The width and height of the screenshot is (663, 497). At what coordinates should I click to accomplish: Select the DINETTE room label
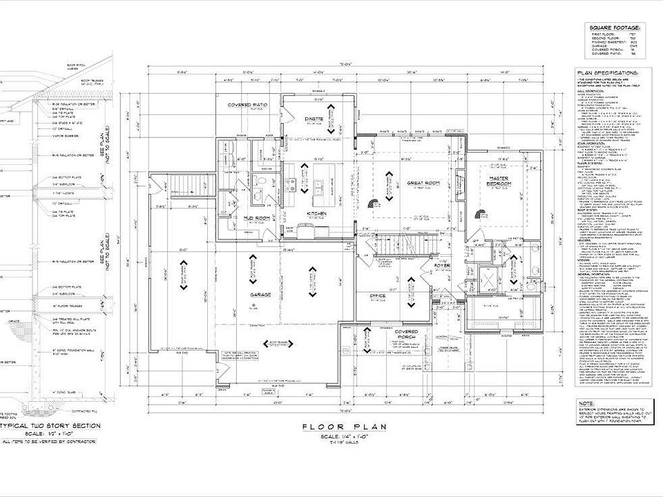pos(314,119)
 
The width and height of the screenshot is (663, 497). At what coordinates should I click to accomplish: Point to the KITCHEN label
pos(316,214)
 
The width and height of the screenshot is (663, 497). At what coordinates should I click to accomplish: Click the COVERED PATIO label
pos(248,105)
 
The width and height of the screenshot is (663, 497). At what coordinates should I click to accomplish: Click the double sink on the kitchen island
pos(318,186)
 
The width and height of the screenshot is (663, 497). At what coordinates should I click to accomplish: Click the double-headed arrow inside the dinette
pos(332,118)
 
